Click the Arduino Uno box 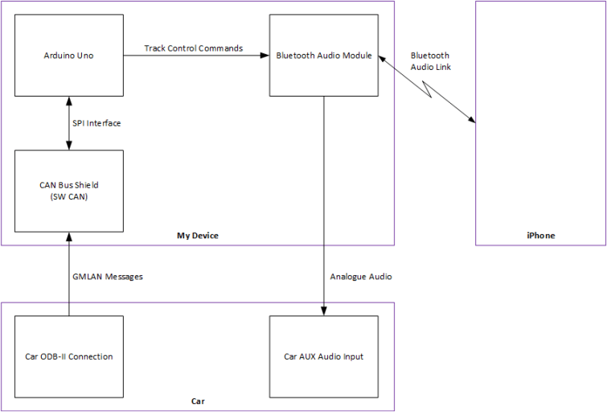point(68,56)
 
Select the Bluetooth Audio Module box point(323,56)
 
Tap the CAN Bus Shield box point(68,190)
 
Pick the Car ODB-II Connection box point(68,356)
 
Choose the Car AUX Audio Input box point(323,356)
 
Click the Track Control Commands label point(193,48)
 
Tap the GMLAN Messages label point(107,276)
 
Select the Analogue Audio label point(361,276)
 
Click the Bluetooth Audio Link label point(430,61)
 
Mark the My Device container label point(197,236)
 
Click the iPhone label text point(540,236)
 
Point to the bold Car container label point(197,401)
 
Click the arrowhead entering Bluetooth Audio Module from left point(265,56)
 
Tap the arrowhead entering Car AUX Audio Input point(323,311)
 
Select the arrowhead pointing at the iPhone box point(470,121)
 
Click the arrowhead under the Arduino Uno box point(68,101)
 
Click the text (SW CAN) point(68,196)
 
